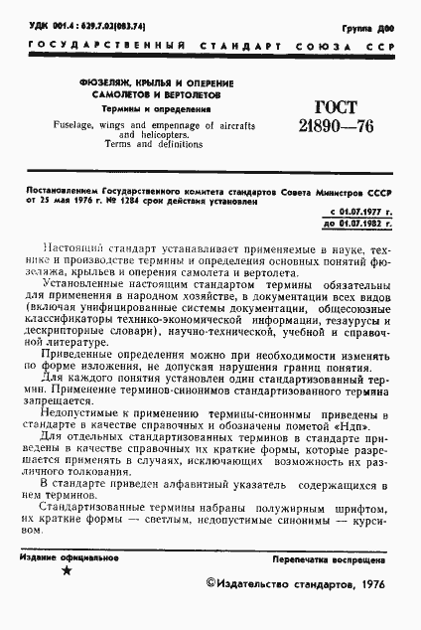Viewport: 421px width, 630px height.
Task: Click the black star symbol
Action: click(66, 570)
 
